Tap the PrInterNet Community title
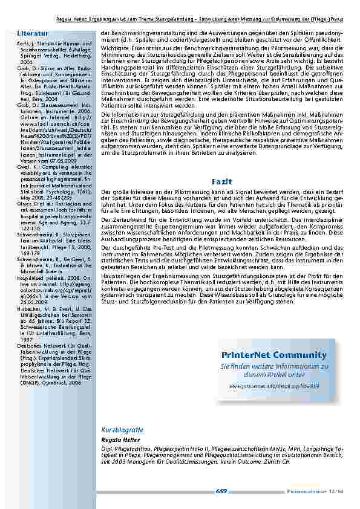(x=274, y=355)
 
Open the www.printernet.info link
(x=274, y=385)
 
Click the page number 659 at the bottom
(x=221, y=492)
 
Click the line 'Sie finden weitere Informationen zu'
(x=274, y=367)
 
